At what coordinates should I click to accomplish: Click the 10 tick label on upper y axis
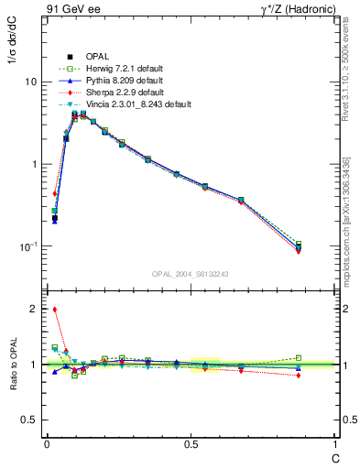click(30, 82)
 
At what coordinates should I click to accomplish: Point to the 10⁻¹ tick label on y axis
click(28, 246)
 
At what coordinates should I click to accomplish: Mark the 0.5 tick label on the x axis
click(191, 443)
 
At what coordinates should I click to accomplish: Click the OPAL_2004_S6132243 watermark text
click(191, 273)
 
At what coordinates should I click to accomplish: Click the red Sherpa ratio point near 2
click(54, 309)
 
